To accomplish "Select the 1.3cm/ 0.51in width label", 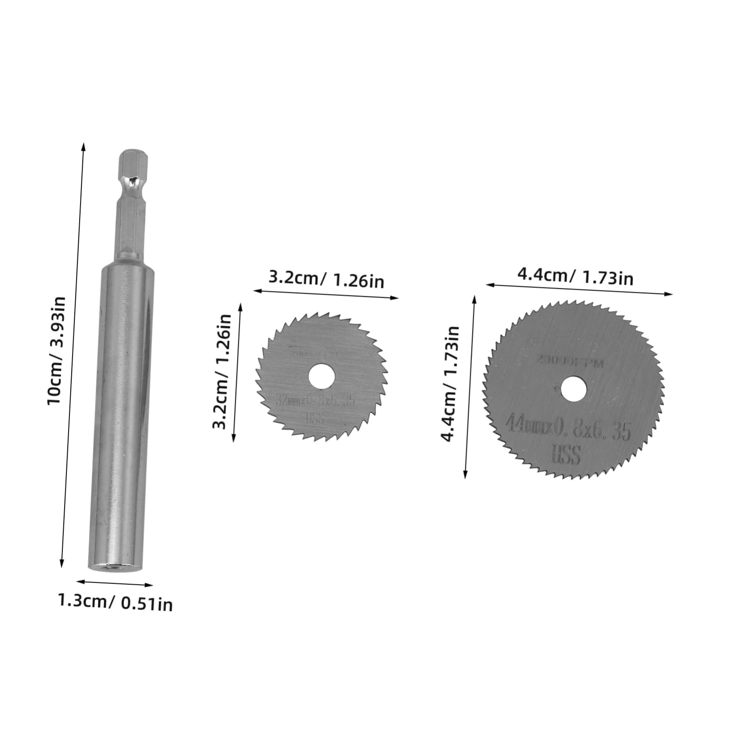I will click(115, 602).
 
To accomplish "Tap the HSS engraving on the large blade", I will click(566, 455).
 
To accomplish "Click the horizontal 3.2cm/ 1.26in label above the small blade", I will click(326, 280).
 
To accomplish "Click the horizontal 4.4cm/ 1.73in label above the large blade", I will click(575, 277).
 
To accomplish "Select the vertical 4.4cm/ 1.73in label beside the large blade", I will click(450, 384).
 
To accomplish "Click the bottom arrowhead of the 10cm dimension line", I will click(62, 565).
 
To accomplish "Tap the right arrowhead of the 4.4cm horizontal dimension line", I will click(670, 294).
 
